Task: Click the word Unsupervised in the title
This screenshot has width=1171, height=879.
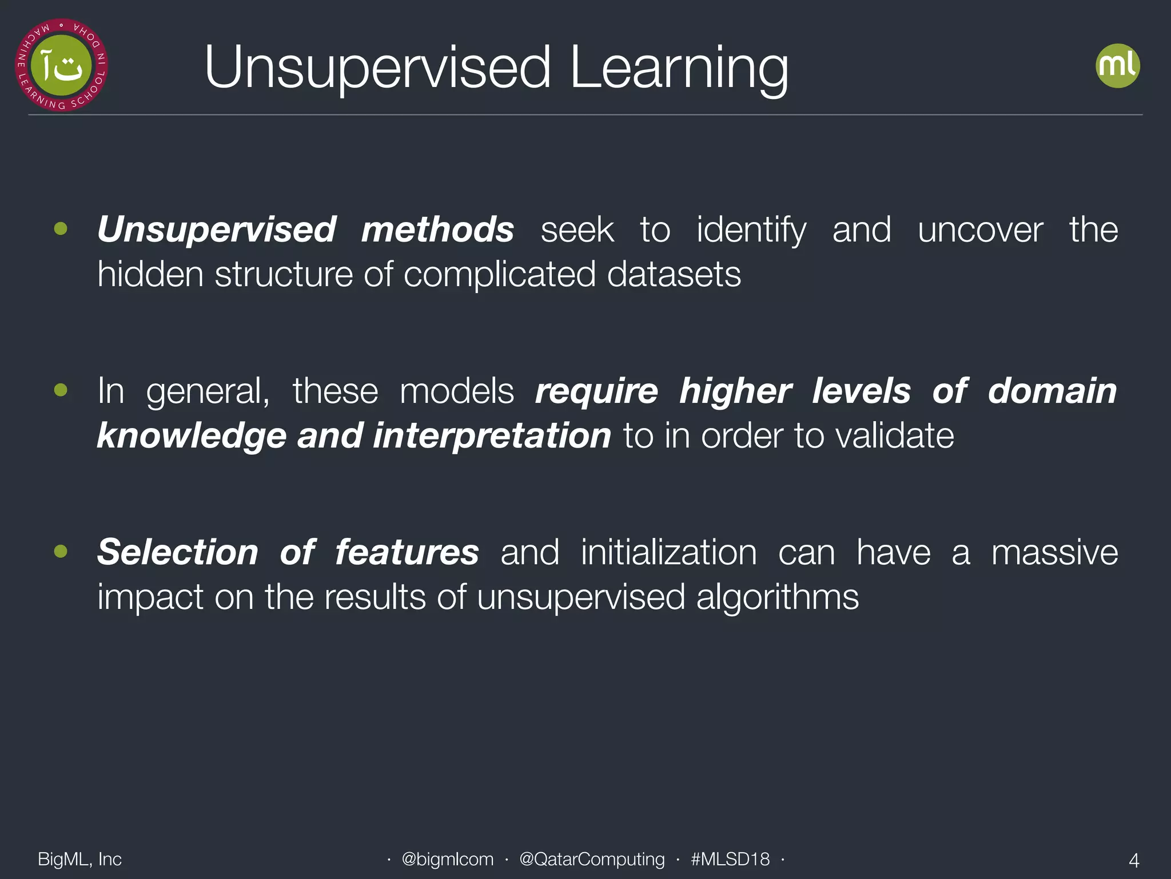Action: [x=377, y=69]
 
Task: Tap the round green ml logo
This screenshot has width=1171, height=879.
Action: [x=1117, y=66]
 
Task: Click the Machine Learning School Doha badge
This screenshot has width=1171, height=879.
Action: [x=62, y=65]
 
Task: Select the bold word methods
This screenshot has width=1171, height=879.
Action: [x=437, y=230]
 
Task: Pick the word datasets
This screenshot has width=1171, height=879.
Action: [x=674, y=275]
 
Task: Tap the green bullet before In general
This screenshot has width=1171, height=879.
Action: [x=61, y=391]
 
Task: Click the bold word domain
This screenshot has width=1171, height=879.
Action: [x=1052, y=391]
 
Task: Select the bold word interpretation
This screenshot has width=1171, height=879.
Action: [x=492, y=436]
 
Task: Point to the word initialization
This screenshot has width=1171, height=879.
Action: [x=668, y=553]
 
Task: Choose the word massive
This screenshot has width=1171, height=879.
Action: [x=1054, y=553]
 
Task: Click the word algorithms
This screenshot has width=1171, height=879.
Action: [x=777, y=597]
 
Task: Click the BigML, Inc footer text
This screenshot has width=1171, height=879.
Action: [x=79, y=859]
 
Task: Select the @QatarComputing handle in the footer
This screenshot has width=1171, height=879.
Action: [x=592, y=859]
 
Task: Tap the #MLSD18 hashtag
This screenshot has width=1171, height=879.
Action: [x=730, y=859]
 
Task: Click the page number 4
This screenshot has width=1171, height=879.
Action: [x=1134, y=860]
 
